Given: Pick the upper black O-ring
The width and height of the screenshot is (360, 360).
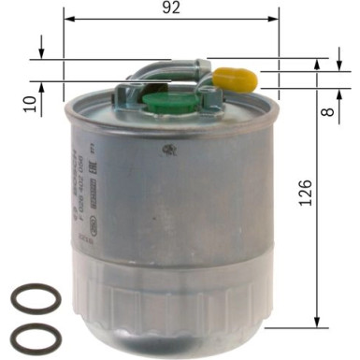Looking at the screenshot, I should [35, 299].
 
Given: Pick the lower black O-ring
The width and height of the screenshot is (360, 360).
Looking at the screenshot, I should [35, 335].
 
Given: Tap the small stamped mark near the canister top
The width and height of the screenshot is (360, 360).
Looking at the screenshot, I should [167, 151].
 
